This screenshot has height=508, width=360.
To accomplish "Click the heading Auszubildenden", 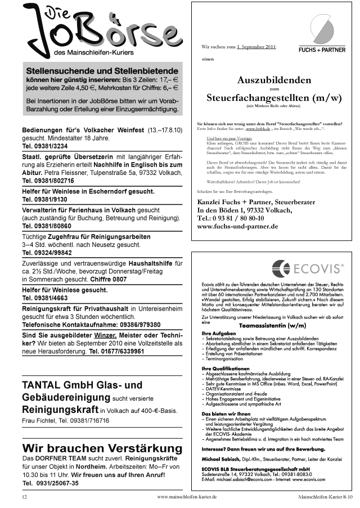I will click(x=274, y=80).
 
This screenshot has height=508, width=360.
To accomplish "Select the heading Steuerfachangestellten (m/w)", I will click(x=274, y=97).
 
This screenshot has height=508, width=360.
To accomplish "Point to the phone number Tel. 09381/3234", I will click(x=45, y=146).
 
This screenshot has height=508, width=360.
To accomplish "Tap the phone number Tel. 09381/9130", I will click(x=45, y=199).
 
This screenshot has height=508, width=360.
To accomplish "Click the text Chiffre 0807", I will click(x=111, y=278).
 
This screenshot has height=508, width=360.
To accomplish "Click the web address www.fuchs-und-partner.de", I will click(x=238, y=226).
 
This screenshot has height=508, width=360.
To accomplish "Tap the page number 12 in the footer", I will click(x=24, y=497).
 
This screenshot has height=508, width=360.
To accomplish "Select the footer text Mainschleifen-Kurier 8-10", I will click(x=326, y=497).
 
